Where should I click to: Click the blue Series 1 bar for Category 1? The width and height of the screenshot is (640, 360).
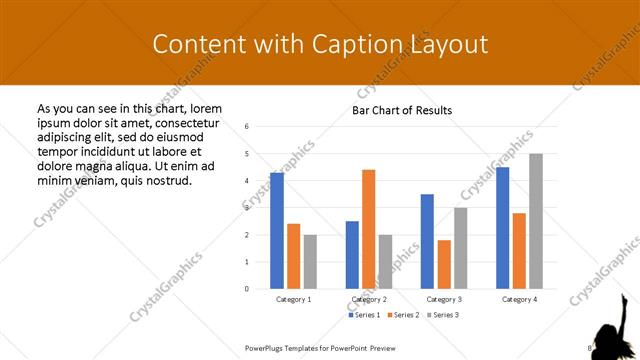pyautogui.click(x=276, y=231)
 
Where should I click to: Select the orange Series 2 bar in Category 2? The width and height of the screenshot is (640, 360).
pyautogui.click(x=368, y=229)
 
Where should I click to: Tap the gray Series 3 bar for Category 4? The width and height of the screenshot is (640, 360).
pyautogui.click(x=536, y=221)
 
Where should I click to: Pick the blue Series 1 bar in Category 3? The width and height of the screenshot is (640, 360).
pyautogui.click(x=427, y=241)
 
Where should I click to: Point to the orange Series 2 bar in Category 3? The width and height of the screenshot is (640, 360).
pyautogui.click(x=444, y=264)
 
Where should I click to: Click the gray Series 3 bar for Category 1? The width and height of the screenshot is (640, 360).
pyautogui.click(x=310, y=262)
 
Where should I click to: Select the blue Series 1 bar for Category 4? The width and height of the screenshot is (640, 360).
pyautogui.click(x=502, y=228)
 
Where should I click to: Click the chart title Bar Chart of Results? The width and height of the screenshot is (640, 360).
pyautogui.click(x=402, y=110)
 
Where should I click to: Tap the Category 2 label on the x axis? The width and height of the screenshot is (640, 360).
pyautogui.click(x=369, y=299)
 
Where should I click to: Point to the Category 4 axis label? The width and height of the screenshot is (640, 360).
pyautogui.click(x=519, y=299)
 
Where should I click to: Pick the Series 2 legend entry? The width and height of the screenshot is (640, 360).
pyautogui.click(x=404, y=315)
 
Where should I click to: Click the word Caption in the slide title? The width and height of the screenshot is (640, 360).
pyautogui.click(x=355, y=44)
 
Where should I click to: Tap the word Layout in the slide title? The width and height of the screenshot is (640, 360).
pyautogui.click(x=447, y=44)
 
